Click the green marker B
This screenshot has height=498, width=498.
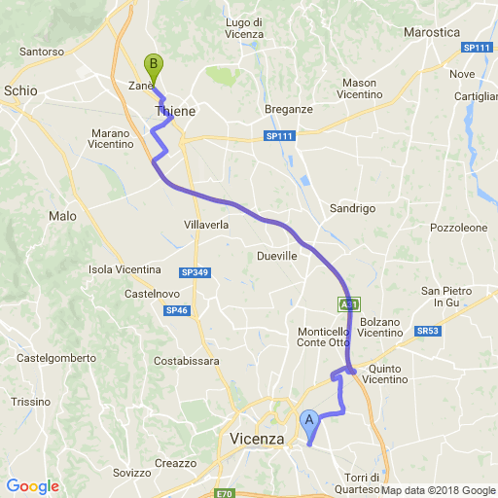pos(153,67)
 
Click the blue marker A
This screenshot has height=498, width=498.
pos(309,422)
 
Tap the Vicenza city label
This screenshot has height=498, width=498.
pos(257,440)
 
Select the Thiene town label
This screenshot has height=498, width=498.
pos(176,112)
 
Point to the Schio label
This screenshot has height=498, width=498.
pos(20,90)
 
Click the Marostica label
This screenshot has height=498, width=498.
pos(431,32)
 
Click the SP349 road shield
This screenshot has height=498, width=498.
pos(195,273)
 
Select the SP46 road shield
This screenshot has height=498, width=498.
pos(176,310)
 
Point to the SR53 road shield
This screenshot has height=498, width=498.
pos(428,331)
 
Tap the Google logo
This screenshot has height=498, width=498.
pos(32,486)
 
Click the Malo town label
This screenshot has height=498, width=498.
pos(62,216)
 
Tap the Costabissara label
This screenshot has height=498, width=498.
pos(187,361)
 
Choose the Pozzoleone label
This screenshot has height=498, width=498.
pos(458,228)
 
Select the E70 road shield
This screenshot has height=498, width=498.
pos(225,493)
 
